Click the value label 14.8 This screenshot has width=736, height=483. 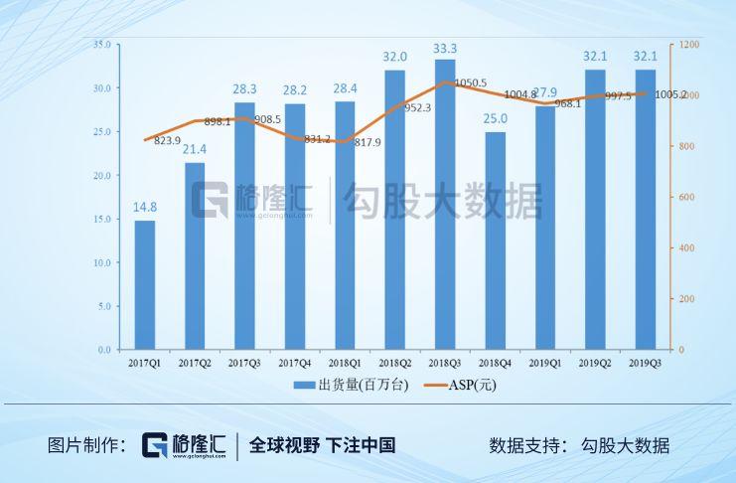point(145,207)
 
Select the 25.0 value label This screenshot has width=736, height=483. point(495,119)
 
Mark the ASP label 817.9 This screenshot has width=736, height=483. point(365,142)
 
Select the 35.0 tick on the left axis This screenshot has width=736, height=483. point(101,45)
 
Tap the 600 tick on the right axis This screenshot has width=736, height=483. point(687,198)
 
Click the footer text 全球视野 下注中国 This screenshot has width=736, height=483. point(322,445)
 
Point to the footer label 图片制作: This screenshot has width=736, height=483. point(85,445)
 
